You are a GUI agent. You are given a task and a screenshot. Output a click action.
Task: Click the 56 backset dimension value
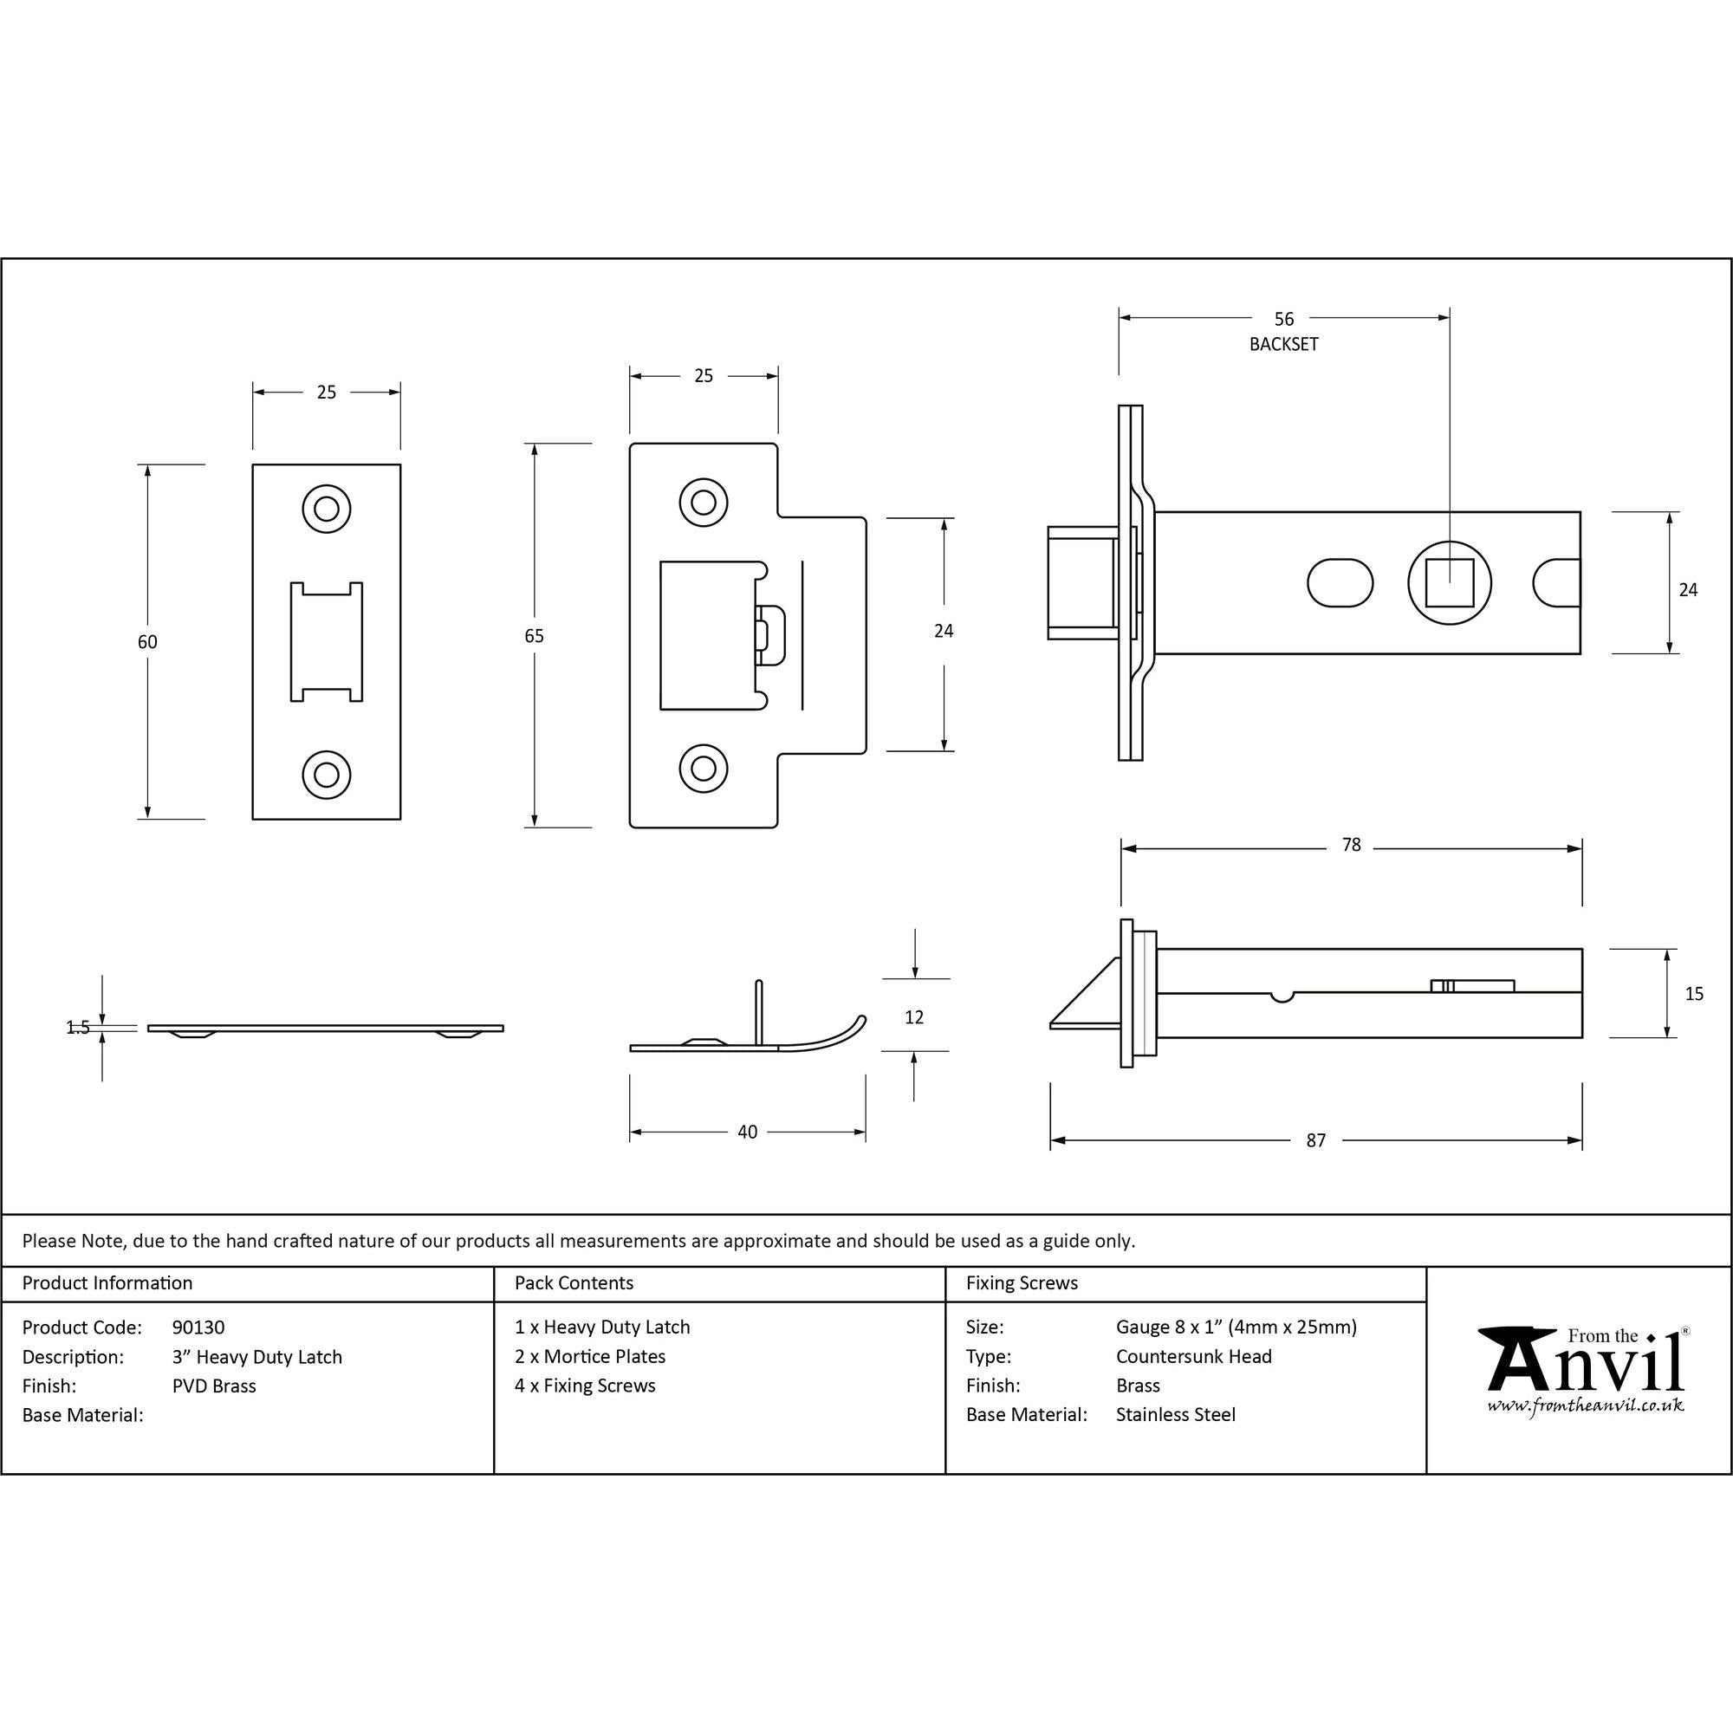click(x=1283, y=320)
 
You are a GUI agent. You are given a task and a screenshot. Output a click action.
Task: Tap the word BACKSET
click(x=1283, y=345)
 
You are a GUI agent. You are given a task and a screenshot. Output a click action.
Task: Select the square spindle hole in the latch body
click(x=1450, y=583)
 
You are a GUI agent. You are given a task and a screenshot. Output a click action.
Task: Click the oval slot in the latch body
click(x=1340, y=583)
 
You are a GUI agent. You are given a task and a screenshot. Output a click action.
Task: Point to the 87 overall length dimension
click(x=1315, y=1141)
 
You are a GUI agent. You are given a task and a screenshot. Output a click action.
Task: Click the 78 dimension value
click(x=1351, y=845)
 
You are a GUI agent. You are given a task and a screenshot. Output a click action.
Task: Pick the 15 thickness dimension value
click(x=1693, y=994)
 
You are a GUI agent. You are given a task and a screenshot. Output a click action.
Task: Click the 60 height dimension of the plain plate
click(x=147, y=642)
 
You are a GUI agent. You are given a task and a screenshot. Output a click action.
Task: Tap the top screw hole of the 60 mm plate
click(x=327, y=510)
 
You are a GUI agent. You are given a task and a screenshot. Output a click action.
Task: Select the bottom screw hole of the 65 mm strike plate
click(x=704, y=769)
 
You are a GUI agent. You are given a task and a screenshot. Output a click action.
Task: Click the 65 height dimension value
click(x=534, y=636)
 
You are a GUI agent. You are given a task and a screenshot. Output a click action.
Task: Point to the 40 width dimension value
click(x=747, y=1132)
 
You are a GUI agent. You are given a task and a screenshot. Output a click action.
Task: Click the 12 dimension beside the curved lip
click(x=914, y=1017)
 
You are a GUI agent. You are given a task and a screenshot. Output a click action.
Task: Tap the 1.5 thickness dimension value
click(x=79, y=1028)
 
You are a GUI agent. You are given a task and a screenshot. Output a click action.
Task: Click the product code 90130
click(x=198, y=1327)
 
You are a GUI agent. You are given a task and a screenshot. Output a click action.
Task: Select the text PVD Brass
click(x=213, y=1386)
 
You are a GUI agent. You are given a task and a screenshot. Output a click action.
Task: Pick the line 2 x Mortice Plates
click(x=590, y=1356)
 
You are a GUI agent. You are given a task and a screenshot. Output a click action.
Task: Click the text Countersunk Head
click(x=1193, y=1356)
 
